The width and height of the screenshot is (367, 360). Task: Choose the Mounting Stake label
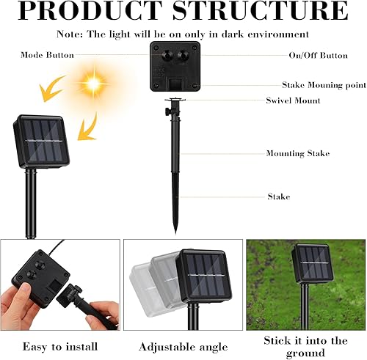click(x=297, y=154)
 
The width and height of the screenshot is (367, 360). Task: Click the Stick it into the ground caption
click(x=305, y=346)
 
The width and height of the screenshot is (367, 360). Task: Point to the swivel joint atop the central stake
click(x=174, y=107)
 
